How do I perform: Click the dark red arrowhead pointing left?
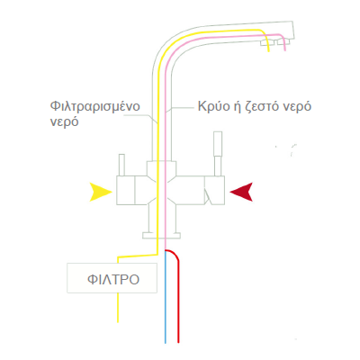coord(241,192)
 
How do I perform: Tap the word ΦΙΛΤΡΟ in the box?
coord(113,280)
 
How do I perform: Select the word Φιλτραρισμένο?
coord(95,107)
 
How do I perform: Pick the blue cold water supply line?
coord(166,297)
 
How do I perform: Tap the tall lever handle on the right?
coord(218,154)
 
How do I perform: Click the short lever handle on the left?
coord(121,165)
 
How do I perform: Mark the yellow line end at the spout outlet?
coord(268,52)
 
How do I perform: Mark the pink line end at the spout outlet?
coord(284,50)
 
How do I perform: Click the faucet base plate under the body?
coord(161,236)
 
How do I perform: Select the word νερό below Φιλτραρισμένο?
coord(64,122)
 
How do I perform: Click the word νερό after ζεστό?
coord(296,107)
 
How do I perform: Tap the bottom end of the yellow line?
coord(118,322)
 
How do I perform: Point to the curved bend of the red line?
coord(175,254)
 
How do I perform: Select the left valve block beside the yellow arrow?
coord(126,191)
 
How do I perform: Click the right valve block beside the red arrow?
coord(214,191)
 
